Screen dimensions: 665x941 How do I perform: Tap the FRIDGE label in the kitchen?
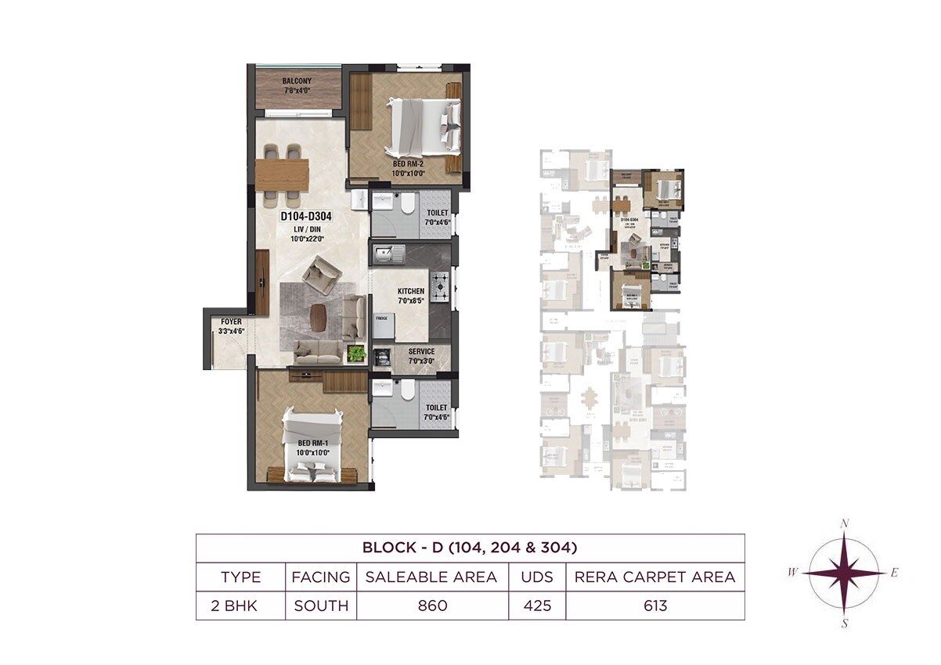point(382,319)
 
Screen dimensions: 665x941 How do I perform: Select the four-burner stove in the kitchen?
point(440,286)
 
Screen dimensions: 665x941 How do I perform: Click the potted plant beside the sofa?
point(357,353)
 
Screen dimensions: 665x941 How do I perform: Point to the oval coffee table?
point(319,314)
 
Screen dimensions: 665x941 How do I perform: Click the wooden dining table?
point(282,171)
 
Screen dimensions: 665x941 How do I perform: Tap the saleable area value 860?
point(432,606)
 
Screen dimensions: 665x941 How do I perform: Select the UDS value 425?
point(537,606)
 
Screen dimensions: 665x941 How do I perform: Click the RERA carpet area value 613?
point(654,606)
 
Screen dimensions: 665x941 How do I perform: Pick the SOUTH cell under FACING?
point(321,606)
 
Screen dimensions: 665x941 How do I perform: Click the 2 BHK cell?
point(240,606)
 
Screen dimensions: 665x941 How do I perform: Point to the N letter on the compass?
point(845,523)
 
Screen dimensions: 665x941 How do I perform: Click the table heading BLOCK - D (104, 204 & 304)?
point(470,547)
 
